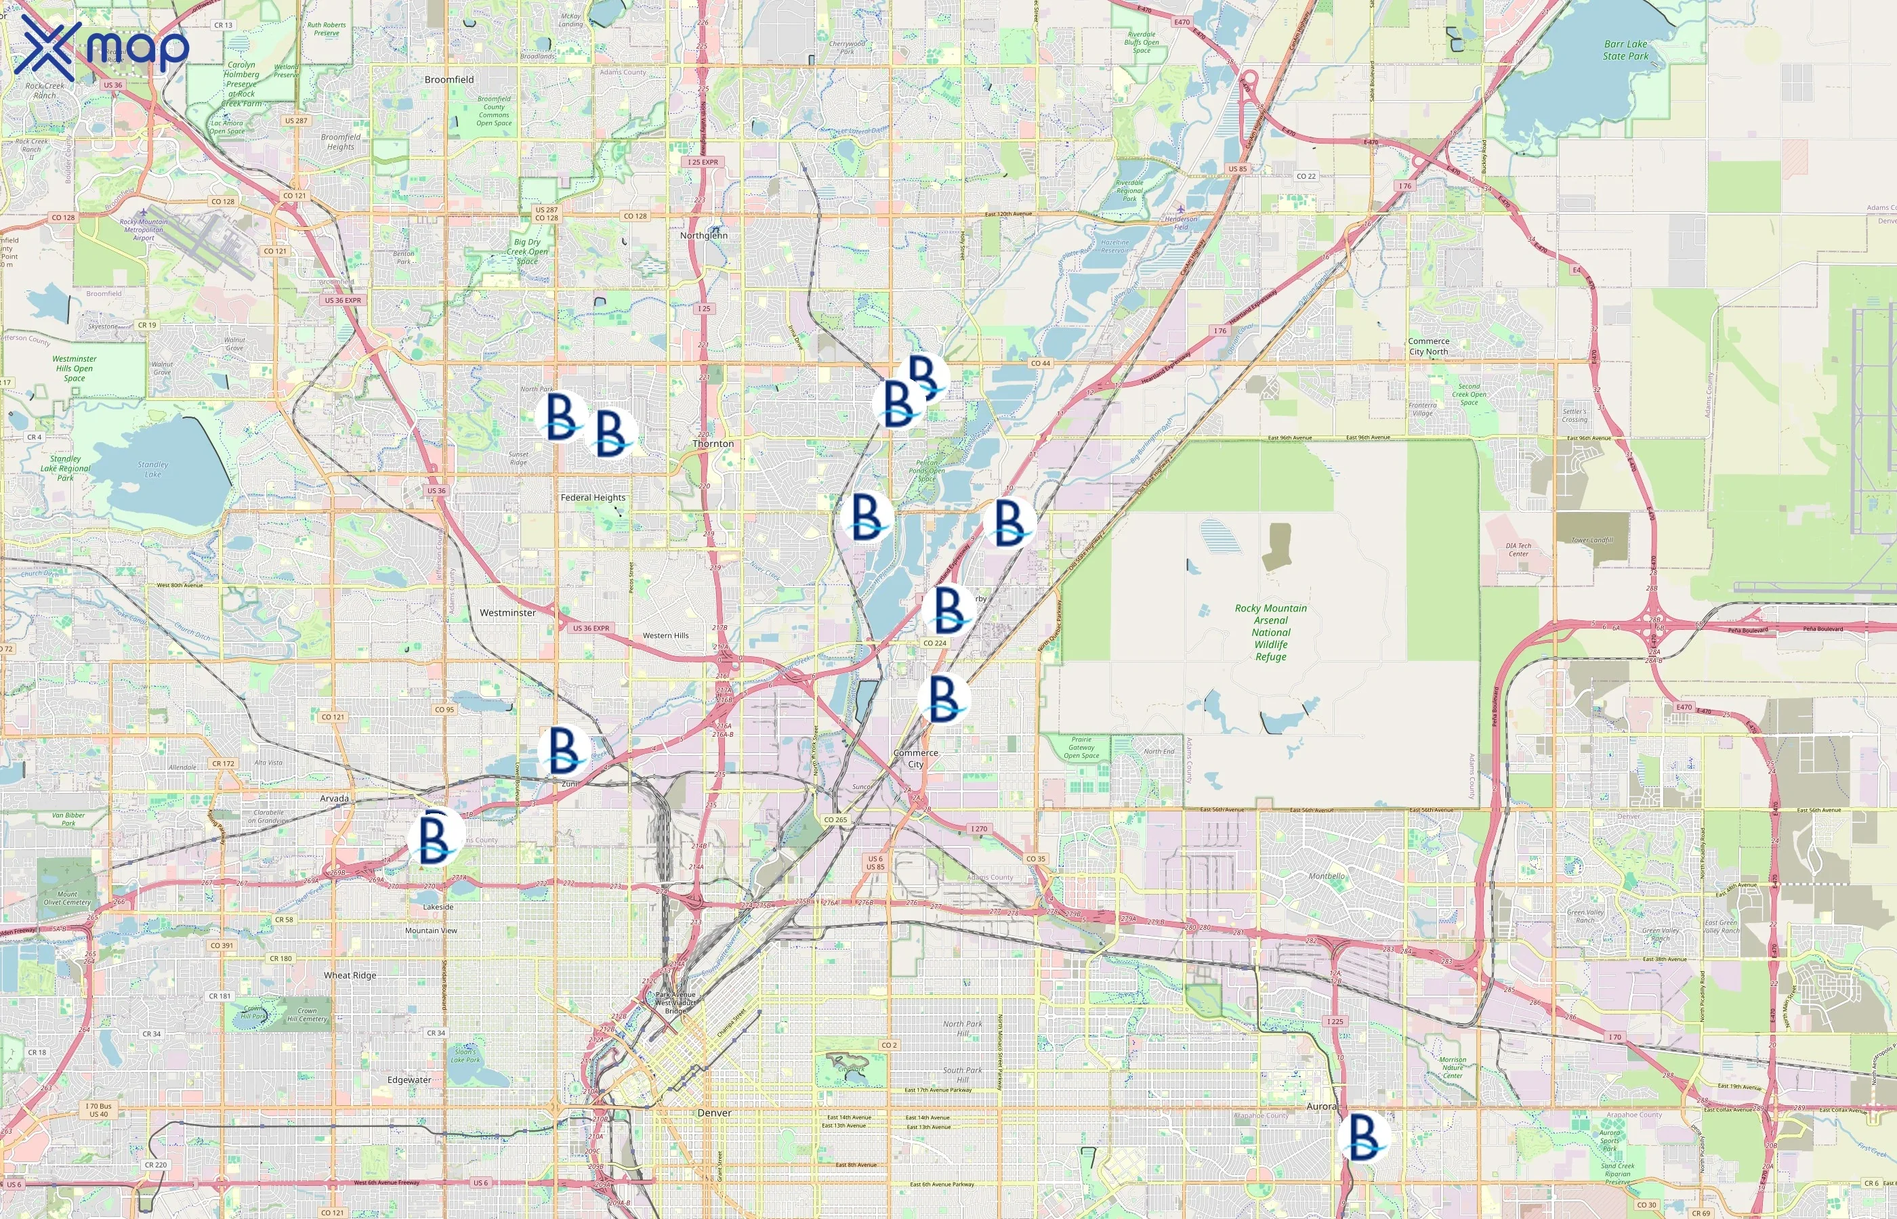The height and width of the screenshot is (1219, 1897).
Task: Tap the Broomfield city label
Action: pyautogui.click(x=449, y=80)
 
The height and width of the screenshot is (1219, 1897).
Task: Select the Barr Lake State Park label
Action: pyautogui.click(x=1625, y=51)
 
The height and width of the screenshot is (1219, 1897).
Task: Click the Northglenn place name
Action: pyautogui.click(x=703, y=236)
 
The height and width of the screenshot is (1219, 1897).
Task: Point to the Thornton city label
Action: pyautogui.click(x=713, y=444)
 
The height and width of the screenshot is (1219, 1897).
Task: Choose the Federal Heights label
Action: pyautogui.click(x=592, y=498)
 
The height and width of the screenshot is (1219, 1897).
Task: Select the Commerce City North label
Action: pyautogui.click(x=1428, y=347)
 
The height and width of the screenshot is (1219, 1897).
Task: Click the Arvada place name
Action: pyautogui.click(x=334, y=798)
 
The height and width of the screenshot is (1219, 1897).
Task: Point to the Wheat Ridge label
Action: pyautogui.click(x=349, y=976)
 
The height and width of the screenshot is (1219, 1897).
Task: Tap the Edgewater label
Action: pyautogui.click(x=409, y=1080)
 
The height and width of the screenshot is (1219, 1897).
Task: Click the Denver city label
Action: pyautogui.click(x=714, y=1113)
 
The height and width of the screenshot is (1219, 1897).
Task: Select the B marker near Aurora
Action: pyautogui.click(x=1363, y=1136)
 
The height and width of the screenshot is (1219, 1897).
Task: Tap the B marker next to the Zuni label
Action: pyautogui.click(x=564, y=750)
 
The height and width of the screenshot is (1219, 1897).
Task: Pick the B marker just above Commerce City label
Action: pyautogui.click(x=944, y=698)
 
